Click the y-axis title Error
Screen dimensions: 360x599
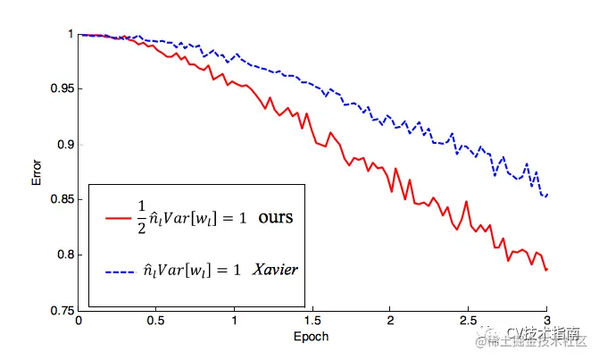[x=37, y=172]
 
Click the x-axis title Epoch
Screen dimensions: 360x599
[x=312, y=337]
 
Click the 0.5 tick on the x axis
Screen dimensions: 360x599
[x=156, y=321]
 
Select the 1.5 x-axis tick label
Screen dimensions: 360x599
[x=312, y=321]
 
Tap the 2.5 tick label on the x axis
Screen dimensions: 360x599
[x=468, y=321]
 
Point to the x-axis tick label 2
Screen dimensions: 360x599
[x=390, y=321]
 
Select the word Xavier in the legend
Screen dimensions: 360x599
[x=274, y=268]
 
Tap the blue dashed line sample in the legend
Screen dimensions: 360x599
[x=120, y=269]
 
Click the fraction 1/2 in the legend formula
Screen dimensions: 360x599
[x=140, y=217]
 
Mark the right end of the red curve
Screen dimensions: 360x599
[x=545, y=269]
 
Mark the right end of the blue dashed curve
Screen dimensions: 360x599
[x=545, y=195]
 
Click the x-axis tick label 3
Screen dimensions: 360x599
[x=545, y=321]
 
